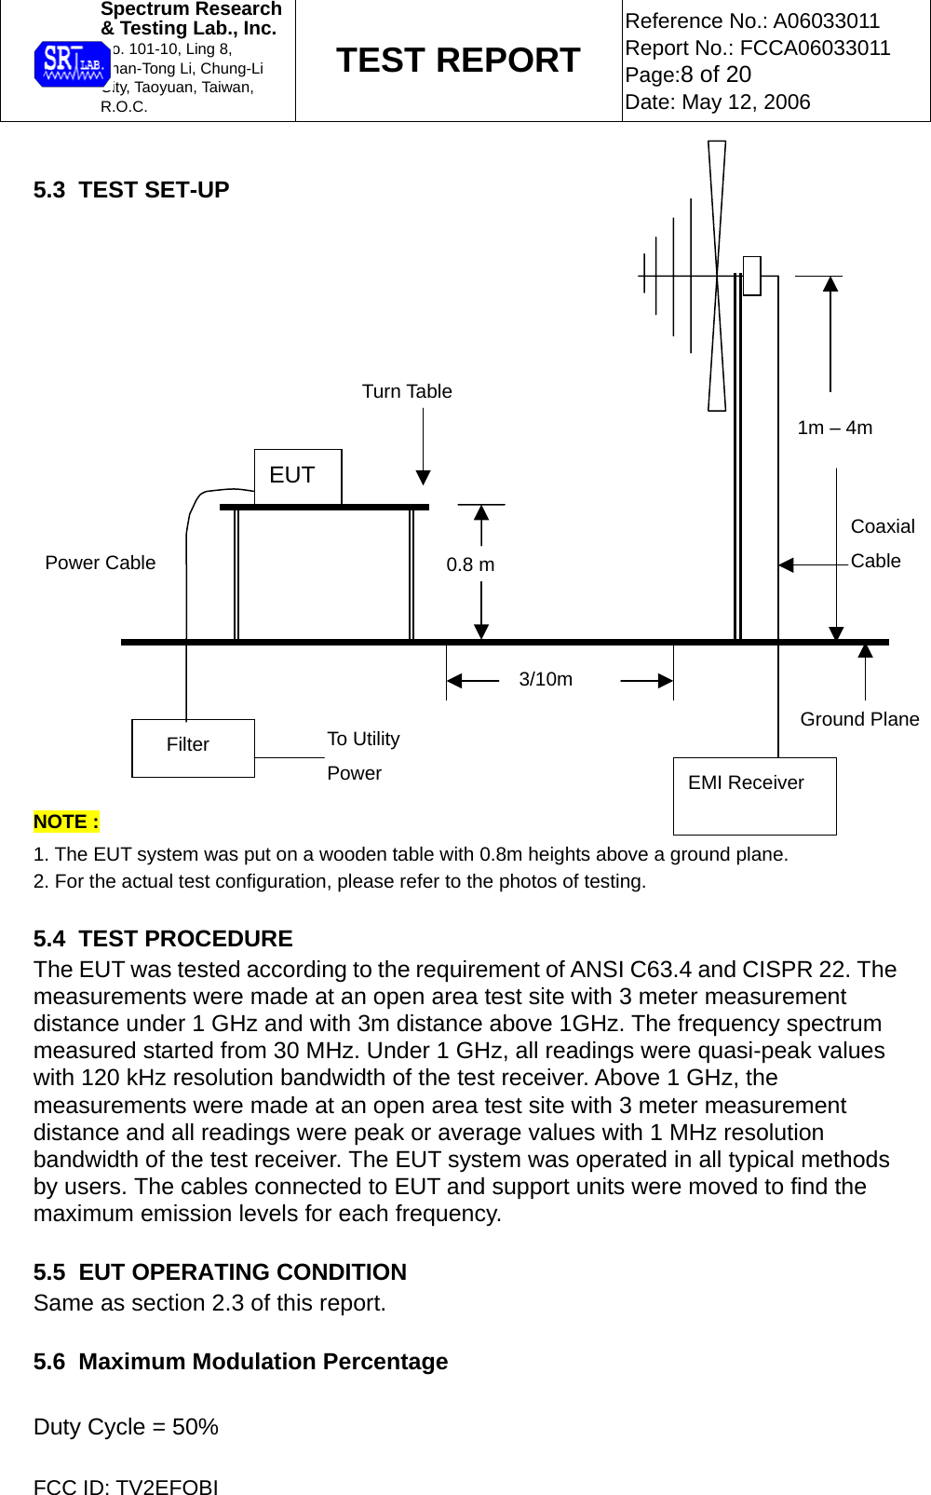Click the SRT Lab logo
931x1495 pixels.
point(72,64)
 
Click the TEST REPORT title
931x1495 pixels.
point(458,61)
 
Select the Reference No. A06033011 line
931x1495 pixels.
point(752,20)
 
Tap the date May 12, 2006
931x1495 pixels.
point(718,102)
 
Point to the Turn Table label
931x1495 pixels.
point(407,391)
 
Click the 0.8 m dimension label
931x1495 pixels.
point(470,564)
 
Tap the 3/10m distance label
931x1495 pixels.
point(546,679)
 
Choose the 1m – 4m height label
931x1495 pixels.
point(834,428)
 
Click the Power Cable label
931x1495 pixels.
point(101,563)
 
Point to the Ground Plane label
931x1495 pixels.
point(859,719)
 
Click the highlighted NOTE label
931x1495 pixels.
point(66,822)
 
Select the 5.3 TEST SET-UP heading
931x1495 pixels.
point(131,190)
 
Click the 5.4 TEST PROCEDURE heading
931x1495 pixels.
point(163,939)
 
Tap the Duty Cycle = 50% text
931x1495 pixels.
point(126,1427)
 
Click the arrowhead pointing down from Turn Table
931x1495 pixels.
point(424,478)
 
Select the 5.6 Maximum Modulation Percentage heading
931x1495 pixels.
point(240,1362)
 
